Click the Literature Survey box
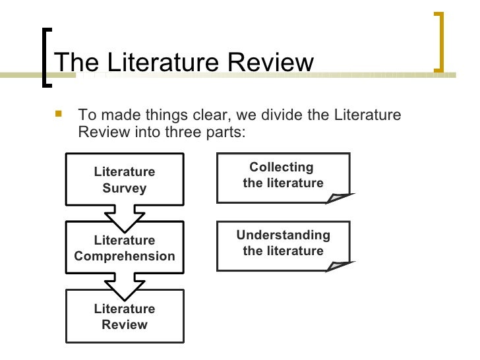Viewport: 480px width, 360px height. (x=125, y=179)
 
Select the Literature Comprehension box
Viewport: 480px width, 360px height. (x=125, y=248)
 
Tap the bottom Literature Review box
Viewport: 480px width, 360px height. (x=125, y=316)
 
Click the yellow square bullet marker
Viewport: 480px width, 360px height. (x=59, y=115)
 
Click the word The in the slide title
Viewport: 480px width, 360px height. (x=77, y=63)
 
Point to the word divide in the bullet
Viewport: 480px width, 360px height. (x=285, y=115)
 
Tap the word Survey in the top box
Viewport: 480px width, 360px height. (x=125, y=188)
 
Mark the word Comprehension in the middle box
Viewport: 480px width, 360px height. (x=125, y=256)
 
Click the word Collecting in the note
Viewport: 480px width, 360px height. (x=282, y=167)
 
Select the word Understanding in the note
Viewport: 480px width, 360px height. (x=284, y=235)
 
